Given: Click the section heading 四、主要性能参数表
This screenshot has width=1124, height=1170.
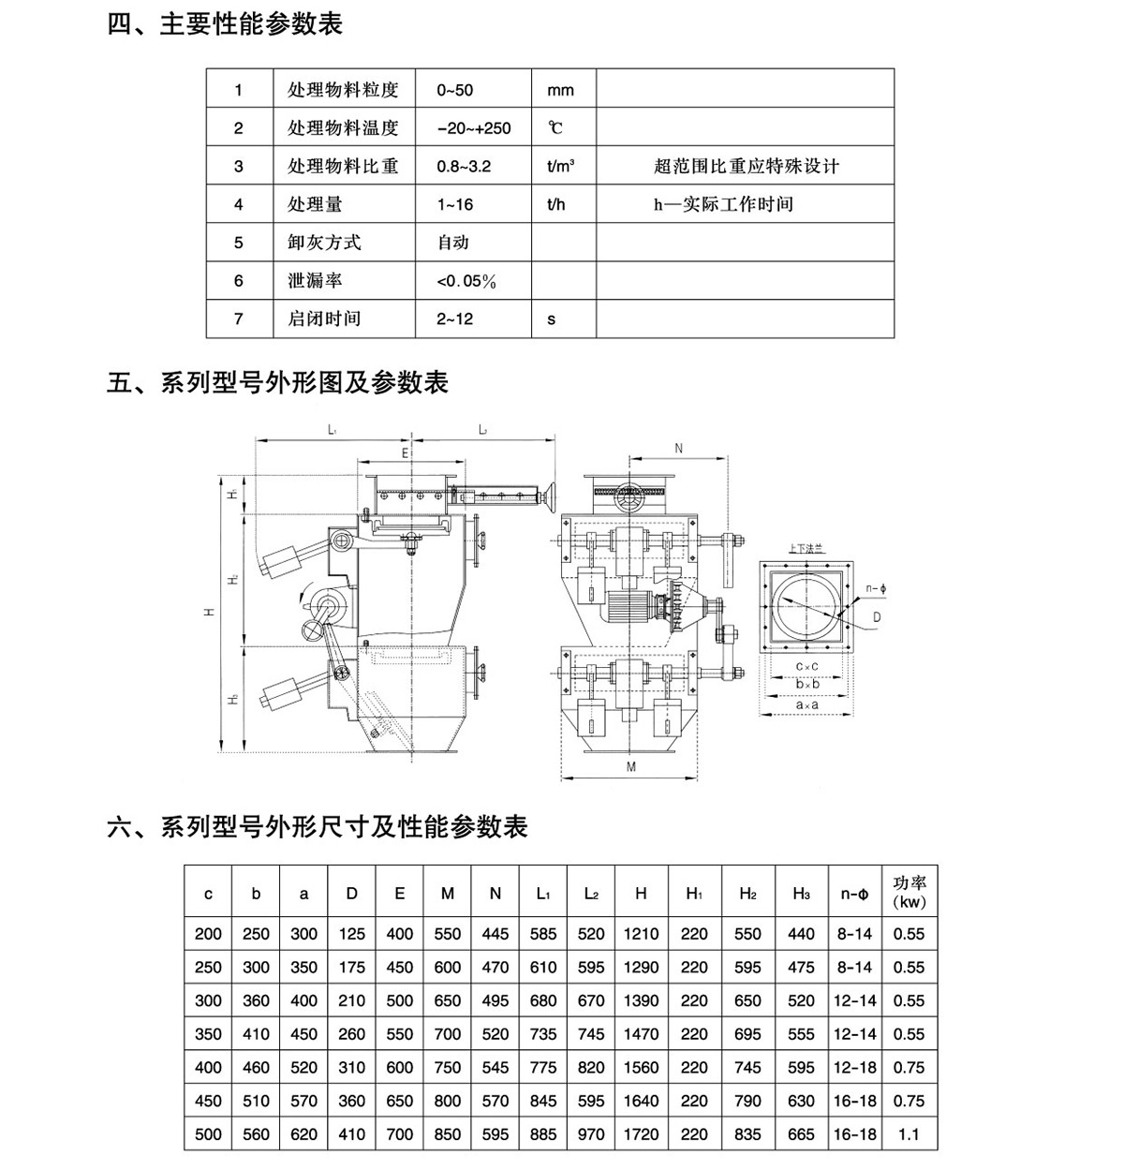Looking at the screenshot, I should click(x=225, y=22).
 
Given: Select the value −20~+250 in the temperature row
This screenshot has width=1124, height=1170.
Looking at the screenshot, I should click(x=474, y=128).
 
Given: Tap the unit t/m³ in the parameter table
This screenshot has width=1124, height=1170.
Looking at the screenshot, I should click(x=560, y=167).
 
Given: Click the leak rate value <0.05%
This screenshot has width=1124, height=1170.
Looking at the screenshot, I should click(x=466, y=281).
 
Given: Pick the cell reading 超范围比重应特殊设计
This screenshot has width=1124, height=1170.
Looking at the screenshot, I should click(x=747, y=167).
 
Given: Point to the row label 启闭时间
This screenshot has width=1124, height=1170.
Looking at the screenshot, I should click(x=324, y=318).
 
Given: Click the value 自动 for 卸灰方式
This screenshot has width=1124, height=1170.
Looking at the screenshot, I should click(x=453, y=243).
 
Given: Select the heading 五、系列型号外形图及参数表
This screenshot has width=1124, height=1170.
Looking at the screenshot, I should click(x=278, y=382).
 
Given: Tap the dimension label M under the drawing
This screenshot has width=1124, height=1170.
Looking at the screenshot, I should click(x=630, y=767).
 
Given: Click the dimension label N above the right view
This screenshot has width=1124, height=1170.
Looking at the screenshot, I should click(x=679, y=450).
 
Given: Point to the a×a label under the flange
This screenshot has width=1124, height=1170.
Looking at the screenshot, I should click(x=807, y=703).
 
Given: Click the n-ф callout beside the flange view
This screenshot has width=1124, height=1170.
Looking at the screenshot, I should click(x=876, y=588).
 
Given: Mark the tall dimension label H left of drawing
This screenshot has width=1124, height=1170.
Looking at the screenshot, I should click(x=212, y=612).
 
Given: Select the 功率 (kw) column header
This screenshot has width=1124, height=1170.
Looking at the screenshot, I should click(x=909, y=893).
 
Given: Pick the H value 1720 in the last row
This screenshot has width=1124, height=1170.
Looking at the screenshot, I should click(x=641, y=1134).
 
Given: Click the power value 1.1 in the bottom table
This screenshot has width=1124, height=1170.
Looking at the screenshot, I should click(x=909, y=1134).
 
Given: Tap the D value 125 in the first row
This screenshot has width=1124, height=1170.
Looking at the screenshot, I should click(x=351, y=934).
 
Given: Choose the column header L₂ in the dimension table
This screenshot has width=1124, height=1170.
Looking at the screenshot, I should click(x=591, y=894).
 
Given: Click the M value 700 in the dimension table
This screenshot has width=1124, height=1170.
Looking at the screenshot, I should click(x=448, y=1034).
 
